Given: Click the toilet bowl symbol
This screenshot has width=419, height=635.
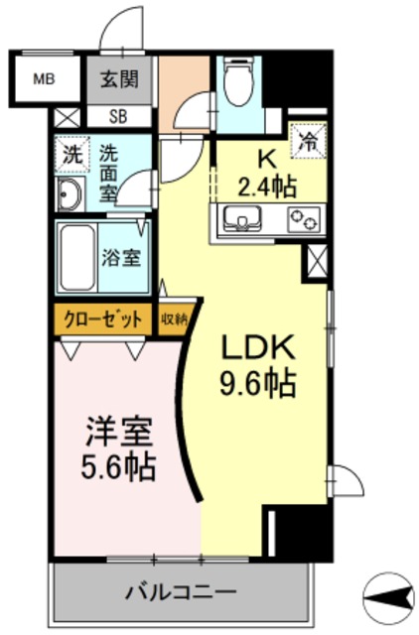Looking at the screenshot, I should point(237,84).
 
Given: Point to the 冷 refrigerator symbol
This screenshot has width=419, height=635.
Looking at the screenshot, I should point(308,140).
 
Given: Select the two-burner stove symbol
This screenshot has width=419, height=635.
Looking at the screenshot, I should point(301,220).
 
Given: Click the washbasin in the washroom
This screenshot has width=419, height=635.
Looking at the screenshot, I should point(70,195).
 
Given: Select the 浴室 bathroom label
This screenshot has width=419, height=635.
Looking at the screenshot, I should point(126,257).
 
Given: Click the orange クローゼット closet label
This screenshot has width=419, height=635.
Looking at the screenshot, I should point(103,319).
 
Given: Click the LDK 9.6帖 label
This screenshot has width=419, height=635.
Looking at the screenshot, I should point(256,365).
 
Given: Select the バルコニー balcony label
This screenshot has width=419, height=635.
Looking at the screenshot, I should point(180,593).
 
